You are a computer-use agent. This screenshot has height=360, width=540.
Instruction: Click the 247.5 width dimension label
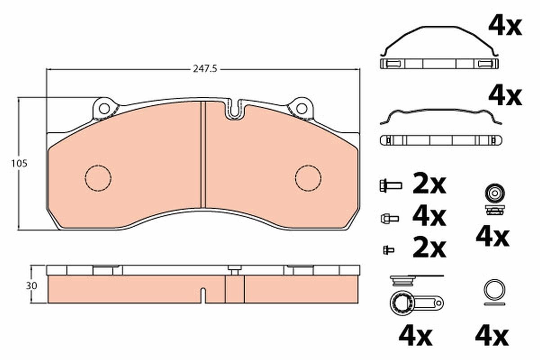[x=205, y=69]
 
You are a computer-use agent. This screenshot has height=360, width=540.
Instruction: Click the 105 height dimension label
[x=19, y=164]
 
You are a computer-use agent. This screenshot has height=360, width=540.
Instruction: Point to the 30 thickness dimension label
[x=31, y=286]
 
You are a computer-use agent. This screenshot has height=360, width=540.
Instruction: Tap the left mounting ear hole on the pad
[x=104, y=109]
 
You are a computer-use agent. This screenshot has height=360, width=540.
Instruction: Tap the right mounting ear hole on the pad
[x=301, y=109]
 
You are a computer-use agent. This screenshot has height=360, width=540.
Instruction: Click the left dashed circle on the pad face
[x=98, y=178]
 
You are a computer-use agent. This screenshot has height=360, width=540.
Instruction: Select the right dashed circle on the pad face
[x=308, y=178]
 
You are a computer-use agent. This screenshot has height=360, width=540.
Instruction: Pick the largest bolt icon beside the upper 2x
[x=391, y=186]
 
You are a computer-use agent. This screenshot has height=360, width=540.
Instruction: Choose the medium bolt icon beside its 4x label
[x=390, y=219]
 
